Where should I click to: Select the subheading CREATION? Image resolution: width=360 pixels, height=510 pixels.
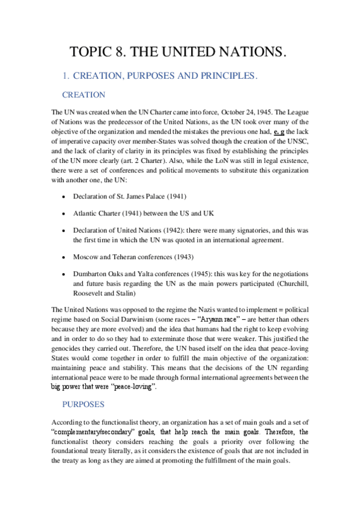(x=84, y=95)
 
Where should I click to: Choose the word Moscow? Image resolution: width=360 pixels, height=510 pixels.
(x=87, y=257)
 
